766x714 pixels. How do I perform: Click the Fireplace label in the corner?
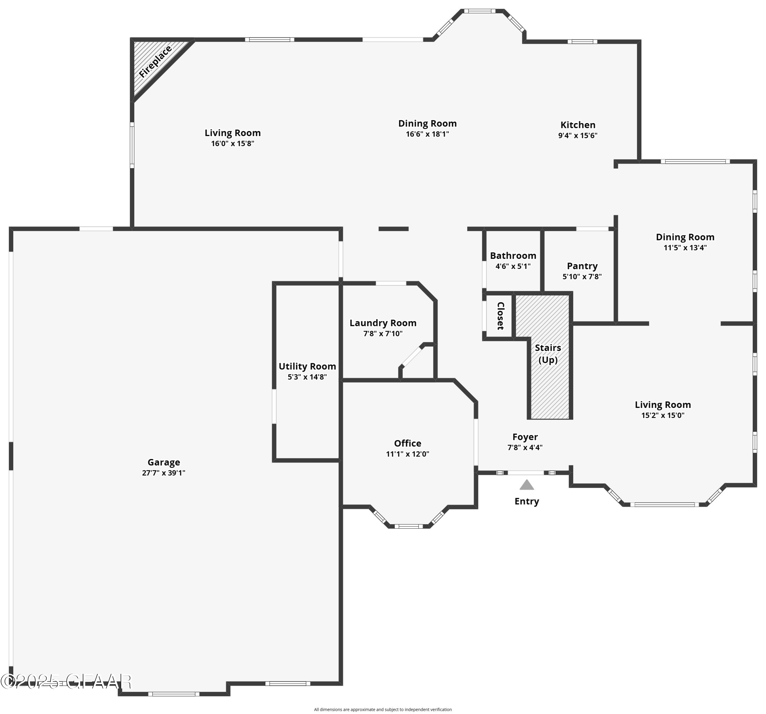155,62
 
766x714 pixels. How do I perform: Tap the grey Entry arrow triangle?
526,485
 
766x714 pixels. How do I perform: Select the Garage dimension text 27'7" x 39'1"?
163,473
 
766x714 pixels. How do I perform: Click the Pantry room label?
582,266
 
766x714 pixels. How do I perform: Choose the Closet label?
500,316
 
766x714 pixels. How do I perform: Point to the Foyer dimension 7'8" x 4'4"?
525,447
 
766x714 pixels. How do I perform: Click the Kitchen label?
578,125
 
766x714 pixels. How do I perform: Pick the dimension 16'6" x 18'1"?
427,134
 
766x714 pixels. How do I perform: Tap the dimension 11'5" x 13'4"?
685,247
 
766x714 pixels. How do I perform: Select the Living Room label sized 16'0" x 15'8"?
232,133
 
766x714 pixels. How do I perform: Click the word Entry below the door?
526,501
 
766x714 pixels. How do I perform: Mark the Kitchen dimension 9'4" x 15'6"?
578,135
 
